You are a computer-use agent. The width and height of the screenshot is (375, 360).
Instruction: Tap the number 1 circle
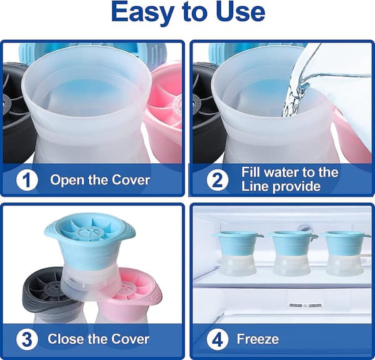27,180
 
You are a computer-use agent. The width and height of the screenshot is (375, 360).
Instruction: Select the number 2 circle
217,180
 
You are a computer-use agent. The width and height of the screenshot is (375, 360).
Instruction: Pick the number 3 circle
27,339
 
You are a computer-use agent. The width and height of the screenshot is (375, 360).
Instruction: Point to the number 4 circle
217,339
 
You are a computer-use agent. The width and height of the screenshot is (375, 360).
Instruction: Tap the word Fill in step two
250,172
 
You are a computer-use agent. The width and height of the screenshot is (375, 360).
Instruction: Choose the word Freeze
257,339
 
